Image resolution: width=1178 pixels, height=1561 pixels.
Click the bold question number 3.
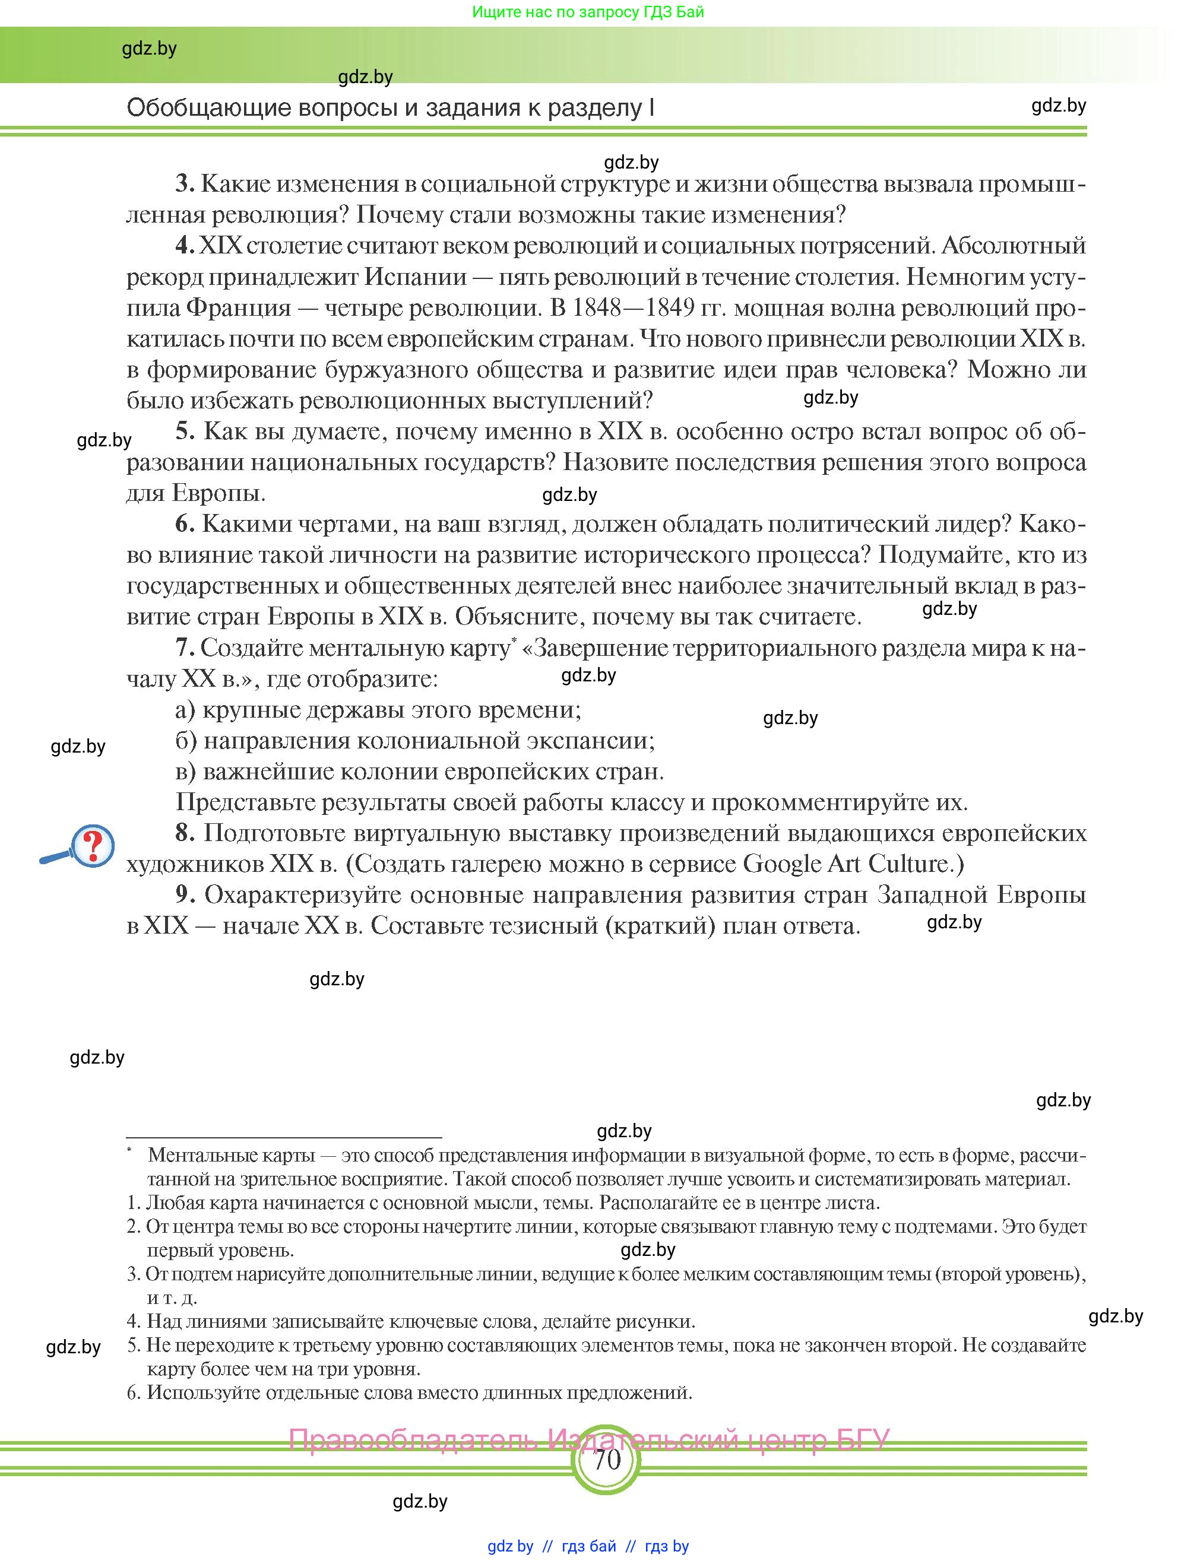click(184, 183)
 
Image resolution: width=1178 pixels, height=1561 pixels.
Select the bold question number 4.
click(184, 246)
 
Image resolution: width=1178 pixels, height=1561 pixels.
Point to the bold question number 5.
click(184, 431)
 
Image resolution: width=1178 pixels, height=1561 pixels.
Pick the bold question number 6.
click(184, 524)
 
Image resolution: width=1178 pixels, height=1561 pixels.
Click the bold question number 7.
click(184, 648)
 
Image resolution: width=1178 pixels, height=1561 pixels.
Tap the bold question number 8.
click(184, 833)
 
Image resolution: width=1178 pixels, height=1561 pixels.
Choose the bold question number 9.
click(184, 895)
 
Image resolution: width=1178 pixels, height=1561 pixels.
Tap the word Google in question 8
click(783, 864)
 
